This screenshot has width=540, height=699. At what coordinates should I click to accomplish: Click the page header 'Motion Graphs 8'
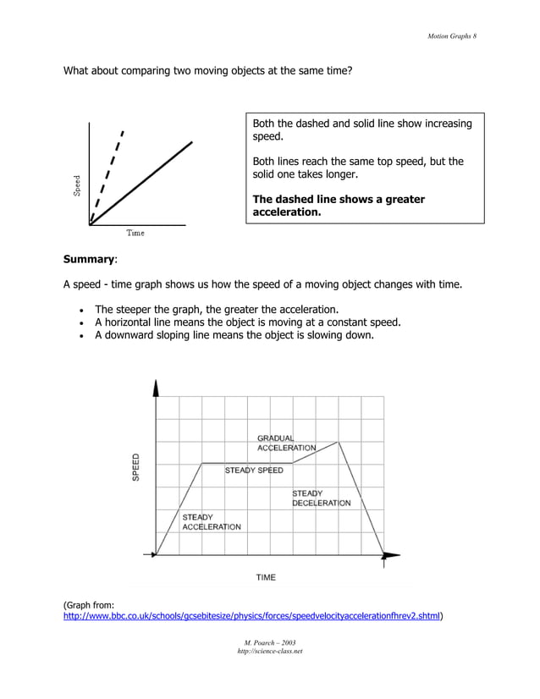[x=453, y=35]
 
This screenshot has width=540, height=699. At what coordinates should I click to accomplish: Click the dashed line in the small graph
[x=108, y=174]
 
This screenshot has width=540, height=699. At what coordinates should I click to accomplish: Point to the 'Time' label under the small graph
[x=135, y=233]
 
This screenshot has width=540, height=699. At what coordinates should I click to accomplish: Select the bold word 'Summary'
[x=90, y=259]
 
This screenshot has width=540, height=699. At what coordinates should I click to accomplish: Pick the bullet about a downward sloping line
[x=233, y=335]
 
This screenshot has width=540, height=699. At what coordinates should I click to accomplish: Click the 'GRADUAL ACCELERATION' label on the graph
[x=286, y=443]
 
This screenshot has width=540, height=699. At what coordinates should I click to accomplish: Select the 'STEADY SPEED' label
[x=254, y=471]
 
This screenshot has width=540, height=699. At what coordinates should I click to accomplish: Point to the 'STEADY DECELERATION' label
[x=321, y=498]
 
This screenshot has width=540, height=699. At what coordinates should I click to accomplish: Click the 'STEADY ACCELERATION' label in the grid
[x=211, y=521]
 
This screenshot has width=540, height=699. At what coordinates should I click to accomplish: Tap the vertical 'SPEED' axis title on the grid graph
[x=135, y=468]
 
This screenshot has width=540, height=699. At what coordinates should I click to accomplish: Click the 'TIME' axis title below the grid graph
[x=266, y=577]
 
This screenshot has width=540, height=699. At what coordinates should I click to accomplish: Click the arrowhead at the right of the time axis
[x=390, y=555]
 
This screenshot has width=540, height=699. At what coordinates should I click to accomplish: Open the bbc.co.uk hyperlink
[x=252, y=617]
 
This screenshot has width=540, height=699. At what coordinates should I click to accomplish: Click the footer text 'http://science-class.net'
[x=269, y=652]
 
